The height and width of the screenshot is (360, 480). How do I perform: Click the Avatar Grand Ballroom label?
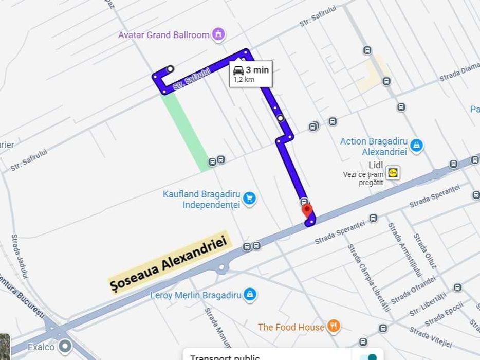pyautogui.click(x=163, y=35)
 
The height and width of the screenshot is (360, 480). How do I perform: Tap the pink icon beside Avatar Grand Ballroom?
pyautogui.click(x=219, y=34)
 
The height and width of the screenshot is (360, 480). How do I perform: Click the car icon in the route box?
pyautogui.click(x=238, y=70)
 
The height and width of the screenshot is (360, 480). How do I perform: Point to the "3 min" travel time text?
pyautogui.click(x=257, y=70)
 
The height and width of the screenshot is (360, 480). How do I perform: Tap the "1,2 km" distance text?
pyautogui.click(x=244, y=80)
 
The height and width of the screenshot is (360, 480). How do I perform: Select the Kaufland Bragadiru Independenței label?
pyautogui.click(x=201, y=200)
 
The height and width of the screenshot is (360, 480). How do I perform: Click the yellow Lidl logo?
pyautogui.click(x=393, y=172)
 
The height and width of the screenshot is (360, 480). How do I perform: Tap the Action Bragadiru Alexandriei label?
pyautogui.click(x=374, y=147)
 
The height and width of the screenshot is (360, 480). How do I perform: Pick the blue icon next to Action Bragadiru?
pyautogui.click(x=417, y=146)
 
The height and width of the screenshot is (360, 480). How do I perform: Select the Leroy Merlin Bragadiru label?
pyautogui.click(x=195, y=295)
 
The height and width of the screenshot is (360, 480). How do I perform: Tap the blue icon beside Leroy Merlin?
pyautogui.click(x=249, y=295)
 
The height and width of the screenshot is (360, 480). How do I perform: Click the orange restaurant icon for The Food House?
pyautogui.click(x=334, y=326)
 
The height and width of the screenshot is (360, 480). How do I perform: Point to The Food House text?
pyautogui.click(x=291, y=327)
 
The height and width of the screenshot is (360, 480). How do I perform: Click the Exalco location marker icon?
pyautogui.click(x=65, y=347)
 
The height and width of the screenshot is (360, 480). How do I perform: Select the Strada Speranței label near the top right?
pyautogui.click(x=434, y=196)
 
